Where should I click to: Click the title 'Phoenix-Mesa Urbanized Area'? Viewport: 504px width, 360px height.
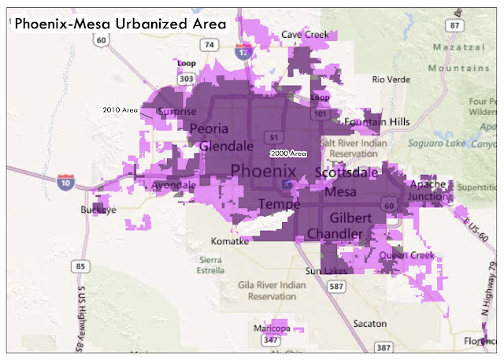[x=120, y=24]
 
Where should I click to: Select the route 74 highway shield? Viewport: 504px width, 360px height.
[x=209, y=46]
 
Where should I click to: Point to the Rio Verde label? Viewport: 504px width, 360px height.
[x=392, y=79]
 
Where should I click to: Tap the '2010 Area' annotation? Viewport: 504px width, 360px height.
[x=120, y=109]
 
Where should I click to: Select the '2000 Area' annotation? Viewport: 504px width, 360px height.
[x=287, y=154]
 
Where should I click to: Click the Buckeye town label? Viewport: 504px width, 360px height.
[x=98, y=211]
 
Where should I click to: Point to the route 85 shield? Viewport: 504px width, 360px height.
[x=80, y=266]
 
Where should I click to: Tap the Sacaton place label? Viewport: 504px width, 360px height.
[x=369, y=324]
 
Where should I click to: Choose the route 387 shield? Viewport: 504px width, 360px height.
[x=384, y=347]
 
